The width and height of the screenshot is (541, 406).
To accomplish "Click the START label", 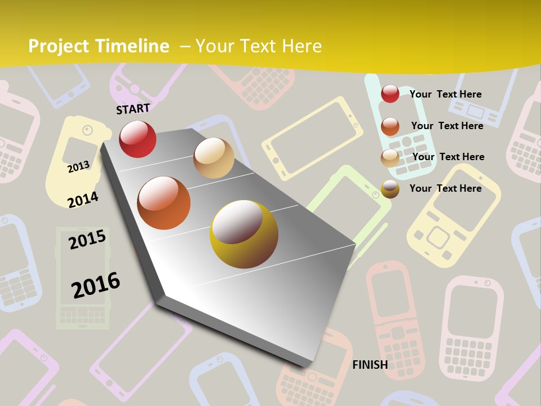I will (x=133, y=109).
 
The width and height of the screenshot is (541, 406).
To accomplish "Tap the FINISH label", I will (x=370, y=365).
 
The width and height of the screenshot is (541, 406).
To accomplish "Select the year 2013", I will (x=79, y=166).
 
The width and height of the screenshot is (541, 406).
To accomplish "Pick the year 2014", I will (x=83, y=199).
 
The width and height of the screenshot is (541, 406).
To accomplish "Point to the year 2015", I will (x=87, y=240).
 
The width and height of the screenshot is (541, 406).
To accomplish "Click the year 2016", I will (x=96, y=285).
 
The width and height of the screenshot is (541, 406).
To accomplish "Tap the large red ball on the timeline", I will (x=138, y=139).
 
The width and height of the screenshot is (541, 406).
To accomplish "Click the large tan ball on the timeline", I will (x=214, y=158).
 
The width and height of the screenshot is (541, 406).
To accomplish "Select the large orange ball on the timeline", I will (x=163, y=203).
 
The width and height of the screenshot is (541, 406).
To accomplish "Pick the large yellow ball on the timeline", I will (x=244, y=234).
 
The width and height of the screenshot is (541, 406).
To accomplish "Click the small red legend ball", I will (x=390, y=94).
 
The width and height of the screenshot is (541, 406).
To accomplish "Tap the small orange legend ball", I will (x=390, y=126).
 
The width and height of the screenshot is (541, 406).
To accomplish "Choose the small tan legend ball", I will (x=390, y=158).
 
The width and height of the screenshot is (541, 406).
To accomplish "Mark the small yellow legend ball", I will (x=390, y=189).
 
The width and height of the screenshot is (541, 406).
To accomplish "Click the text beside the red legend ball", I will (x=445, y=94).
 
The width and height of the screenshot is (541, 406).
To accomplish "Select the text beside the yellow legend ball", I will (x=445, y=188).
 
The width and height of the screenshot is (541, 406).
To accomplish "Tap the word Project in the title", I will (x=59, y=46).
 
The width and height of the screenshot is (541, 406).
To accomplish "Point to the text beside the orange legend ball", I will (x=447, y=126).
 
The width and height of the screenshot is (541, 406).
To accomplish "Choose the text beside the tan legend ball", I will (x=448, y=157).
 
